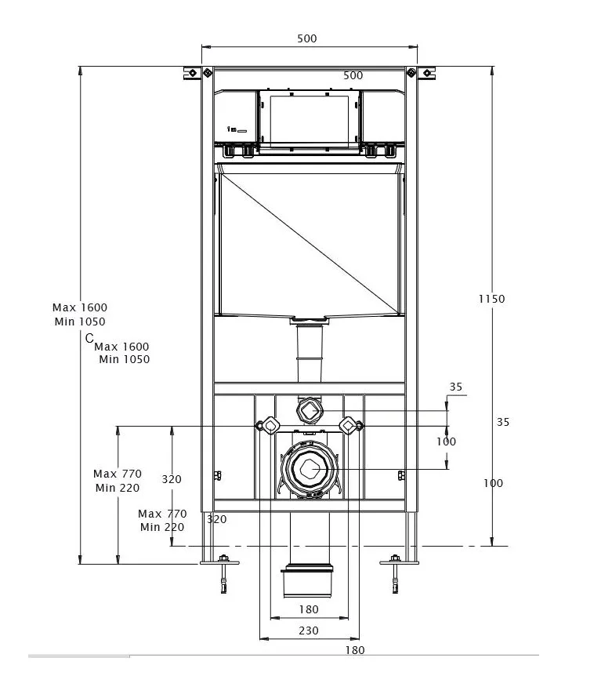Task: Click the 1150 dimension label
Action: pos(492,298)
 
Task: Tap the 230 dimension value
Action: pos(309,631)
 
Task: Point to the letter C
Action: pos(89,337)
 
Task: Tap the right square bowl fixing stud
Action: pos(347,424)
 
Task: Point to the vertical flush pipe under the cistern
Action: pos(310,352)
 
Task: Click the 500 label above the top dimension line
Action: pos(308,38)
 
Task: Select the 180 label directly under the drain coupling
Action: pos(309,609)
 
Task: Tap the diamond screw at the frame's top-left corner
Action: pos(206,73)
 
